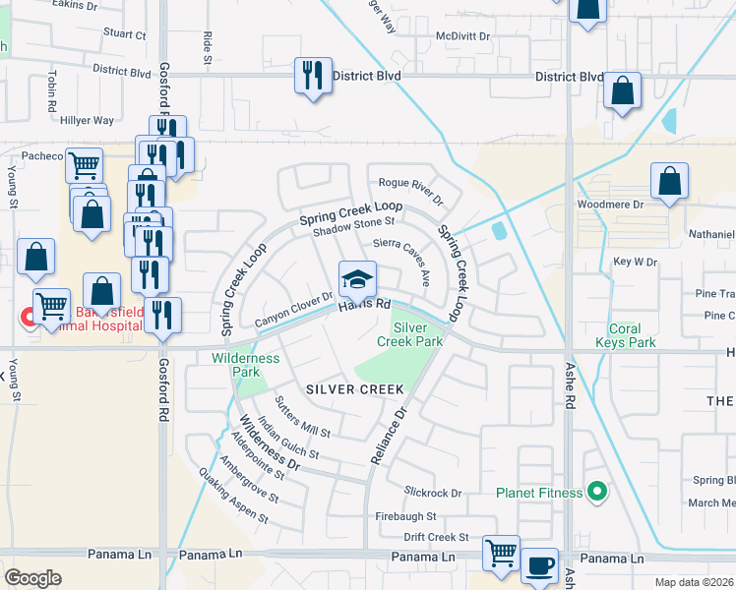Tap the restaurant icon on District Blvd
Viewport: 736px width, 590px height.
tap(313, 76)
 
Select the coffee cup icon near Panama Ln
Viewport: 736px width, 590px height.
tap(539, 566)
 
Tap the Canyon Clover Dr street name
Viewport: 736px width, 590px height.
tap(294, 310)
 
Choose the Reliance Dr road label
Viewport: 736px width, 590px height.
tap(387, 431)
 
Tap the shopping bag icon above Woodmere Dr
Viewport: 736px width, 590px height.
tap(669, 182)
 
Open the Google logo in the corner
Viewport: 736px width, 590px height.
tap(32, 577)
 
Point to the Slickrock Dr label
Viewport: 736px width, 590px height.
tap(432, 491)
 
